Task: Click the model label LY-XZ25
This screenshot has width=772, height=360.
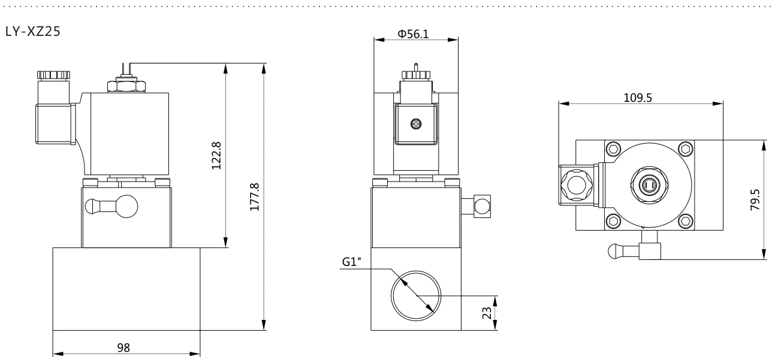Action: click(33, 31)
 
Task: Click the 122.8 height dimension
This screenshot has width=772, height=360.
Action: click(216, 156)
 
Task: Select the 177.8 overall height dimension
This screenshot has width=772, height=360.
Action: click(254, 197)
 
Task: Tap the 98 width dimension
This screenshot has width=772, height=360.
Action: click(123, 347)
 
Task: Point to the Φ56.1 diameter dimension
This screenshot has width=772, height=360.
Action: click(413, 34)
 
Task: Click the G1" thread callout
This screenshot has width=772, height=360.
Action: click(351, 262)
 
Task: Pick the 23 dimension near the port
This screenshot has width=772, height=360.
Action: click(487, 313)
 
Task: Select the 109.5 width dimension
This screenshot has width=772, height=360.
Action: click(638, 98)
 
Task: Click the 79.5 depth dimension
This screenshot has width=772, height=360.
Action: click(755, 199)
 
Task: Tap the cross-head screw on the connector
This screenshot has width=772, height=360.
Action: click(417, 124)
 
